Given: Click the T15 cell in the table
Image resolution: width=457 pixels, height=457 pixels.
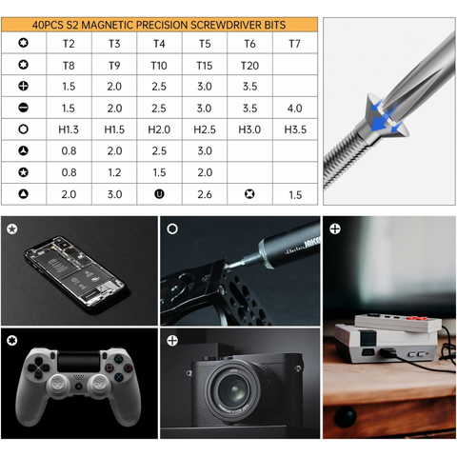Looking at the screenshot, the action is [205, 66].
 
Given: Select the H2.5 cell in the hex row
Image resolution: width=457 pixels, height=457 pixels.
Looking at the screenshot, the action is [205, 129].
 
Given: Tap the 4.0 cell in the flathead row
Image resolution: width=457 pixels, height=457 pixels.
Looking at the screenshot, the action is [295, 109].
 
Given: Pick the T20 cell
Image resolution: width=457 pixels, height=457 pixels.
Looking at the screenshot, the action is [249, 66].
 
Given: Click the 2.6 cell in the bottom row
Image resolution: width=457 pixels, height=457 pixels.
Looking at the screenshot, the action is [205, 194].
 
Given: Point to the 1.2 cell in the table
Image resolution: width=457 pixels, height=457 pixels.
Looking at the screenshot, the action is [114, 172].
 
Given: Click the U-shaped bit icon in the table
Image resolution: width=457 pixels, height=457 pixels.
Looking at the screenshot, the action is [159, 194].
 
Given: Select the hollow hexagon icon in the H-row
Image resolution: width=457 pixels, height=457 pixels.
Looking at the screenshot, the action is [24, 129].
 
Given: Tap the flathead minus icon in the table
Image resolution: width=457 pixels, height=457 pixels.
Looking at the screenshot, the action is [24, 108].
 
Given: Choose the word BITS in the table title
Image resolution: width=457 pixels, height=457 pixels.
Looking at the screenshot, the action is [275, 25].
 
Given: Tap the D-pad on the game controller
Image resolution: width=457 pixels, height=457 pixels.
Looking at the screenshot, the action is [38, 368].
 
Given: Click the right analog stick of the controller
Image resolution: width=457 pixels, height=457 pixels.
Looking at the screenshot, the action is [99, 385].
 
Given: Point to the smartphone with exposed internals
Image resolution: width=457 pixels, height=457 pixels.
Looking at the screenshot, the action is [77, 274].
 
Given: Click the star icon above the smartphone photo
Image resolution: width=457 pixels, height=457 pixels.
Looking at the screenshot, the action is [12, 228].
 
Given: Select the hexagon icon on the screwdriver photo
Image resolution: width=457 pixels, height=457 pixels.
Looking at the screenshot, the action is [172, 228].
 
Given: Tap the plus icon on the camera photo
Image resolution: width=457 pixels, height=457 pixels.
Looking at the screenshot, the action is [172, 341].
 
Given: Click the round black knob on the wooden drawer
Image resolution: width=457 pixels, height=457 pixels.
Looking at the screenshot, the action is [346, 416].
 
